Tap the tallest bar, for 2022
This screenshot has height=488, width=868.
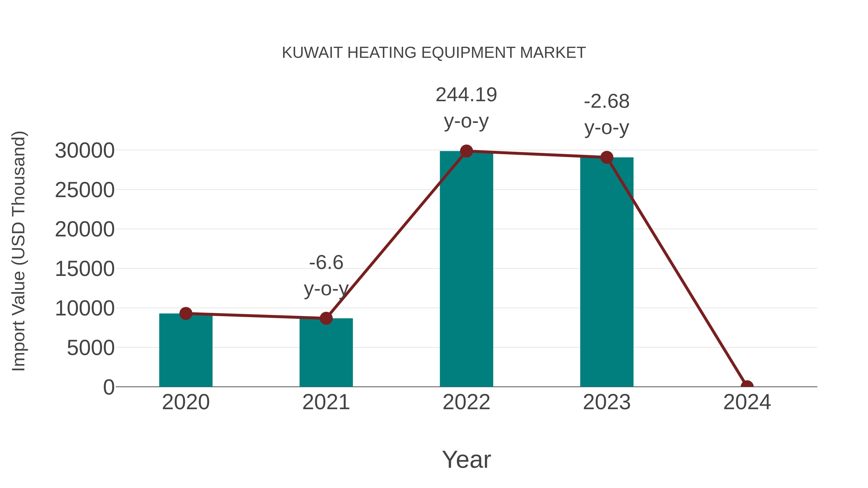[x=466, y=269]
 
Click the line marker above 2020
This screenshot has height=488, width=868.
[x=186, y=314]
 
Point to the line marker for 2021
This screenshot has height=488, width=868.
[x=326, y=318]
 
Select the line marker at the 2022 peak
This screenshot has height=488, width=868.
[x=466, y=151]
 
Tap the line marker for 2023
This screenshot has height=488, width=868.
[x=607, y=157]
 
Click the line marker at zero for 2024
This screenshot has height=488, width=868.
[x=747, y=386]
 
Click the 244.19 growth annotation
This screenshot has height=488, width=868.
[x=466, y=95]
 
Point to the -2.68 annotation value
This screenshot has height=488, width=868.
[x=607, y=101]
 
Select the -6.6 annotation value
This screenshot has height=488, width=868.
[x=326, y=262]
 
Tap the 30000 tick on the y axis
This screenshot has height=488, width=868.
[x=85, y=151]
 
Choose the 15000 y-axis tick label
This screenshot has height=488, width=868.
[x=85, y=269]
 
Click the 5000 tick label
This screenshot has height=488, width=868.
[x=91, y=348]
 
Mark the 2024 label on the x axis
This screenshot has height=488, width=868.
[x=747, y=402]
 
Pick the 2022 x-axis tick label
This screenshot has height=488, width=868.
[x=466, y=402]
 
